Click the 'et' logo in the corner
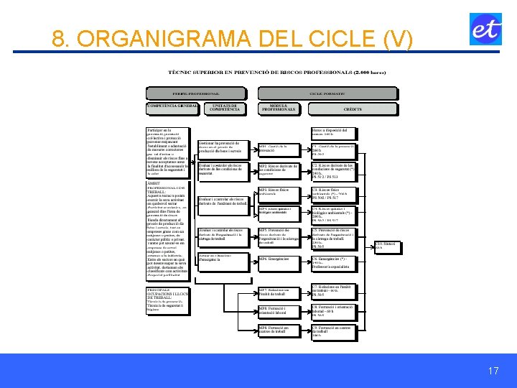[485, 29]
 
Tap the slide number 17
[493, 371]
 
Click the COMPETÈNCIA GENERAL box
[172, 108]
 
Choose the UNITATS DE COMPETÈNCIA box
[225, 108]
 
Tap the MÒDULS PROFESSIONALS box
[279, 108]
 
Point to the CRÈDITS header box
[353, 108]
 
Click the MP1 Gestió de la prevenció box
[282, 149]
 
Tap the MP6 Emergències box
[282, 259]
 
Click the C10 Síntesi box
[385, 246]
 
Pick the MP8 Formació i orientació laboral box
[282, 311]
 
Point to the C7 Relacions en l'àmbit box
[334, 290]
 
